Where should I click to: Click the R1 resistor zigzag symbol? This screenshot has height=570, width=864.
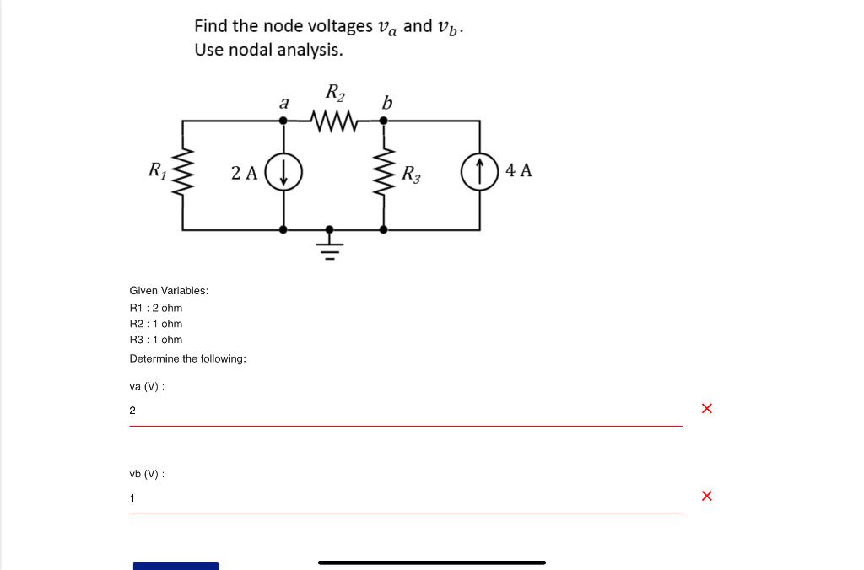coord(183,174)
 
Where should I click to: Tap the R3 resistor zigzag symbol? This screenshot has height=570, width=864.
coord(384,175)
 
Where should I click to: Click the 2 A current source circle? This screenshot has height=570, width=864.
coord(283,174)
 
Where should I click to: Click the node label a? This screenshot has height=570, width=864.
coord(284,104)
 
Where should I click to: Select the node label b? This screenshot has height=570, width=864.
coord(386,103)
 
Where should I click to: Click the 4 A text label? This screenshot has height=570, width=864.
coord(519,170)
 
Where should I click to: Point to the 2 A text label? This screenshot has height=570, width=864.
coord(245,174)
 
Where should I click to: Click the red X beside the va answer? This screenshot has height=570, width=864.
coord(707,409)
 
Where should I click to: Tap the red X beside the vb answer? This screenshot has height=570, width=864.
coord(707,496)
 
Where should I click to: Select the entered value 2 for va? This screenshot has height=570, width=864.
coord(132,411)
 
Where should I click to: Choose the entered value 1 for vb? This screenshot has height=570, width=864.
coord(132,498)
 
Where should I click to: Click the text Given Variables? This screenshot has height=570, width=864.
coord(169,291)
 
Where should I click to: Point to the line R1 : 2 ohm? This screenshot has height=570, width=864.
coord(156,308)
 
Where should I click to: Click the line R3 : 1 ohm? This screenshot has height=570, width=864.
coord(156,340)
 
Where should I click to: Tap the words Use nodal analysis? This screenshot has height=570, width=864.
coord(268,50)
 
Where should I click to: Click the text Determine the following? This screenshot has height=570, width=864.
coord(187,358)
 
